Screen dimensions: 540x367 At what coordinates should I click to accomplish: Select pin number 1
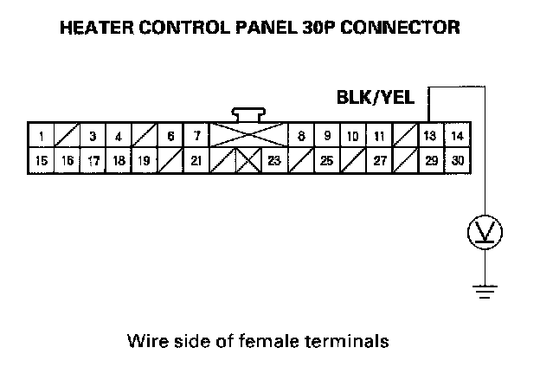click(40, 136)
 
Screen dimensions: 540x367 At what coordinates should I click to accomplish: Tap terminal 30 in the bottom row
click(457, 160)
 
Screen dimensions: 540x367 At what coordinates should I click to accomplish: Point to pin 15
click(40, 160)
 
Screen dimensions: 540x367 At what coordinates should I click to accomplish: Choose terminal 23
click(273, 160)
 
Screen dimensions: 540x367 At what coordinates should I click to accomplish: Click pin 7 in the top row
click(197, 136)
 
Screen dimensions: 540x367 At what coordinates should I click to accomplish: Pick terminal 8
click(300, 136)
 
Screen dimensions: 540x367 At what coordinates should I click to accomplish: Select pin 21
click(197, 160)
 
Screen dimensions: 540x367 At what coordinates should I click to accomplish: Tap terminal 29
click(430, 160)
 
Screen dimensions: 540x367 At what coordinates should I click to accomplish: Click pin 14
click(457, 136)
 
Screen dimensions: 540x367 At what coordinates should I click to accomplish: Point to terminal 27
click(378, 160)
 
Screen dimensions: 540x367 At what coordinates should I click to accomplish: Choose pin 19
click(145, 160)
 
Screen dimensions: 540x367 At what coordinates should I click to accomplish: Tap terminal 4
click(119, 136)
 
